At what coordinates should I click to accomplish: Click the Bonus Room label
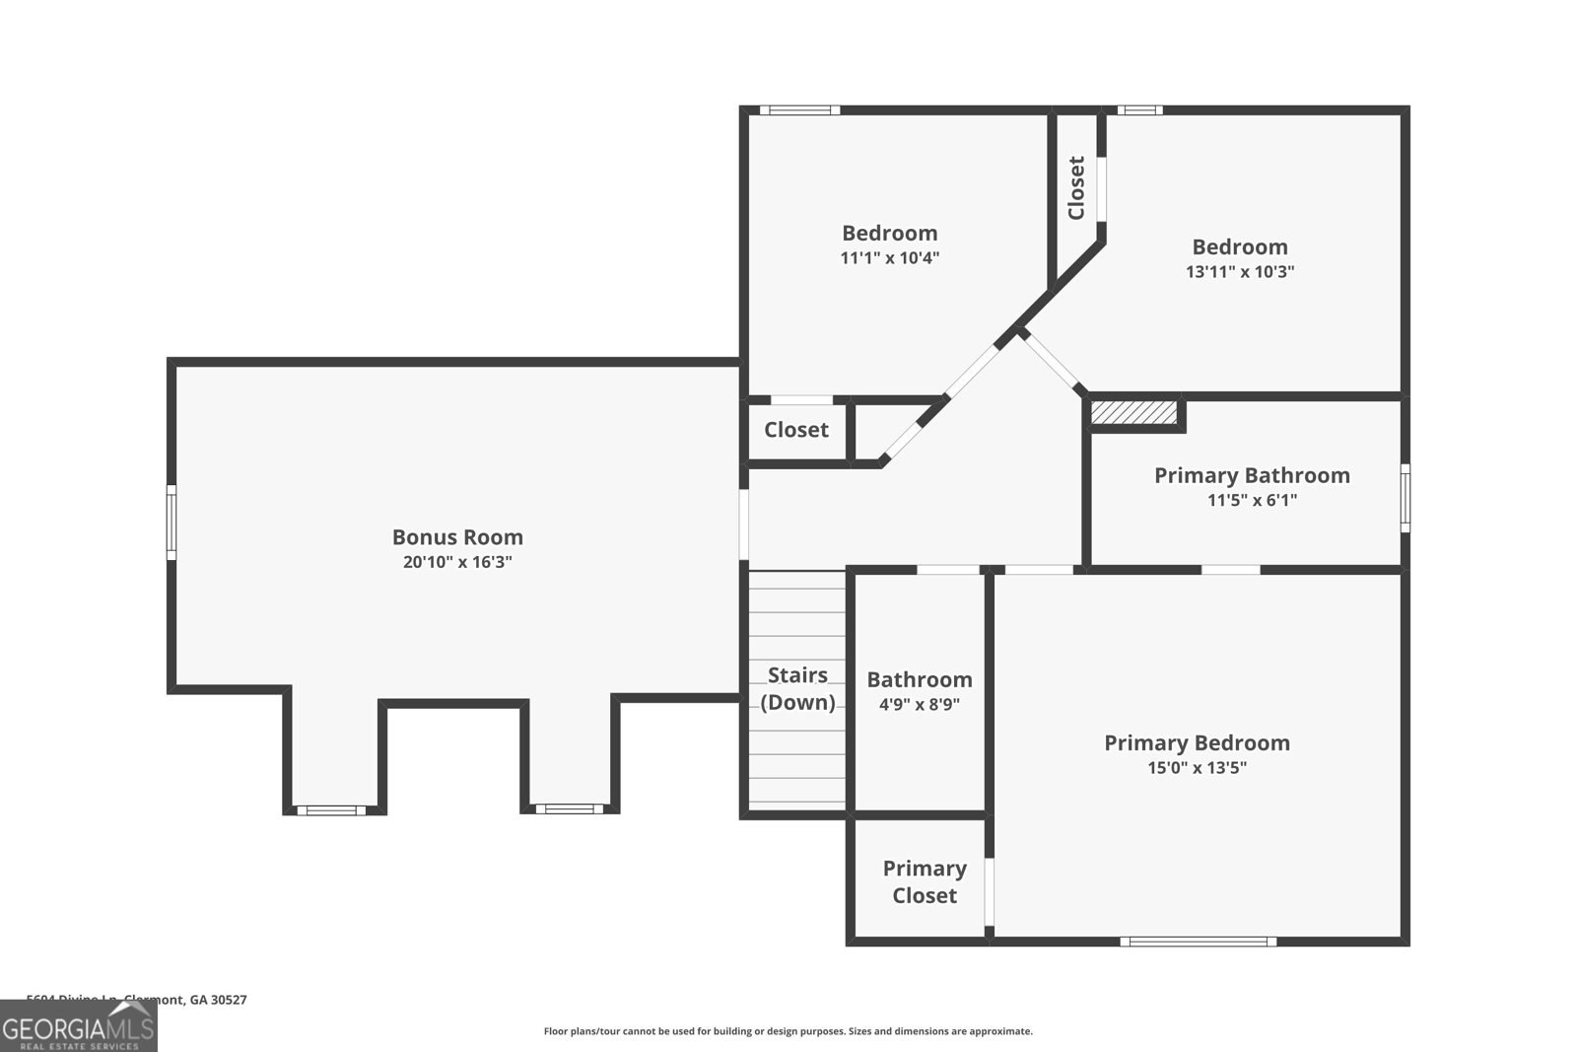tap(457, 537)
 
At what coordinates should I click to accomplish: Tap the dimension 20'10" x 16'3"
tap(457, 562)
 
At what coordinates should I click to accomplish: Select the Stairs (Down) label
tap(797, 688)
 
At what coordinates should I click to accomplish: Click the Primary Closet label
tap(924, 881)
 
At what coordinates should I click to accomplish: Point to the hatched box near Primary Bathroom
tap(1134, 412)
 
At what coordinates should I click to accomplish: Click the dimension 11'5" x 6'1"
tap(1252, 500)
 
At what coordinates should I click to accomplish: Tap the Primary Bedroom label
tap(1197, 742)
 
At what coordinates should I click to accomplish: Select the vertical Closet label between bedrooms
tap(1076, 187)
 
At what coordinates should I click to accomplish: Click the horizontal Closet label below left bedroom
tap(796, 430)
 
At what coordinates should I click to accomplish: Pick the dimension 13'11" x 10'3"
tap(1239, 271)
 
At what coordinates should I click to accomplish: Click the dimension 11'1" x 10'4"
tap(889, 257)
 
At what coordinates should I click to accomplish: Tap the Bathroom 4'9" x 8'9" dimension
tap(919, 704)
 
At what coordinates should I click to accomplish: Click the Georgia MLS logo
tap(78, 1026)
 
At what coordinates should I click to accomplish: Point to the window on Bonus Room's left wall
tap(171, 523)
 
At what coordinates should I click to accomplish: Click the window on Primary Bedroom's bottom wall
tap(1198, 942)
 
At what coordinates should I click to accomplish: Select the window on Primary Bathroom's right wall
tap(1406, 498)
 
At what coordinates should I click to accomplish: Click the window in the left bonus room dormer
tap(331, 810)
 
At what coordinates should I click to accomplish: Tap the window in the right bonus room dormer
tap(569, 809)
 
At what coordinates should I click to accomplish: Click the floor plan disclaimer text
tap(788, 1031)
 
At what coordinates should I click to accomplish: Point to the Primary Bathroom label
tap(1252, 475)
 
